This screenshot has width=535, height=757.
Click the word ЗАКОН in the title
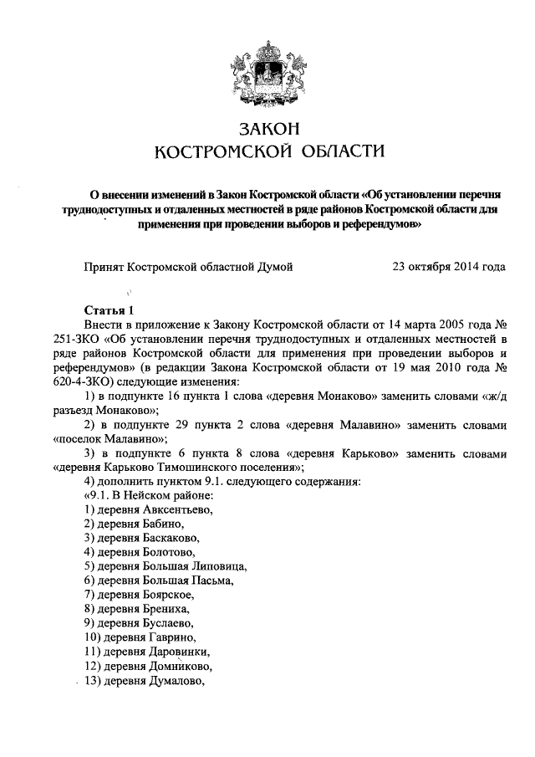tap(267, 130)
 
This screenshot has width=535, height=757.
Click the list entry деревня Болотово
tap(140, 553)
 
